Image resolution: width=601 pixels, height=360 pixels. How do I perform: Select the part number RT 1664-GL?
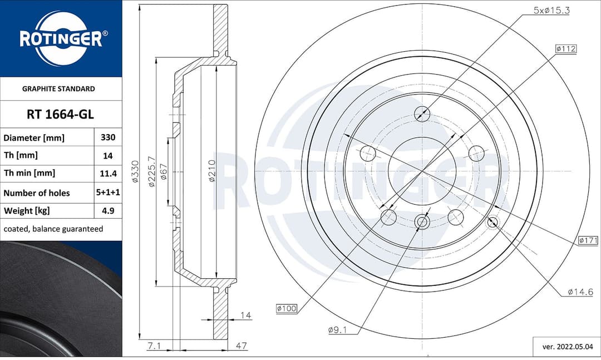tap(60, 115)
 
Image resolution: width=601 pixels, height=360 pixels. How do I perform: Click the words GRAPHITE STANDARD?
tap(58, 88)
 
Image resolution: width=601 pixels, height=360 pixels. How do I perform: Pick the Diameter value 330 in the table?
tap(107, 137)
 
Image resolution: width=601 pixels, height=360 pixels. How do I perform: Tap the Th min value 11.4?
tap(107, 174)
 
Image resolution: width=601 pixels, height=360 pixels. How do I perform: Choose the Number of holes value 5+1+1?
tap(107, 193)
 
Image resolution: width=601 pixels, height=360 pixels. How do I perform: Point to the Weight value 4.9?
tap(107, 211)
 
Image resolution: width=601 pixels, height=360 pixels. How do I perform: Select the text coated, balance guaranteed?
tap(53, 229)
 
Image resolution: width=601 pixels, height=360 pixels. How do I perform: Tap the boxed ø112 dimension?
tap(565, 49)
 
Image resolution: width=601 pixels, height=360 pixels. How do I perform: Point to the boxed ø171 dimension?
tap(588, 240)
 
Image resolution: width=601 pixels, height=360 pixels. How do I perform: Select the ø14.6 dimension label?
tap(580, 292)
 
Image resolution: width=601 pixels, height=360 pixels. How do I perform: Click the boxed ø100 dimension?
tap(286, 308)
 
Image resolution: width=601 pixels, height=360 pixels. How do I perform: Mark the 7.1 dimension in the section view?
tap(155, 346)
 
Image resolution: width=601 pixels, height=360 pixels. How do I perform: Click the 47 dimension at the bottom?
tap(241, 346)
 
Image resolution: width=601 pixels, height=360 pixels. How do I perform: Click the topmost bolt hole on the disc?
tap(422, 114)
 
